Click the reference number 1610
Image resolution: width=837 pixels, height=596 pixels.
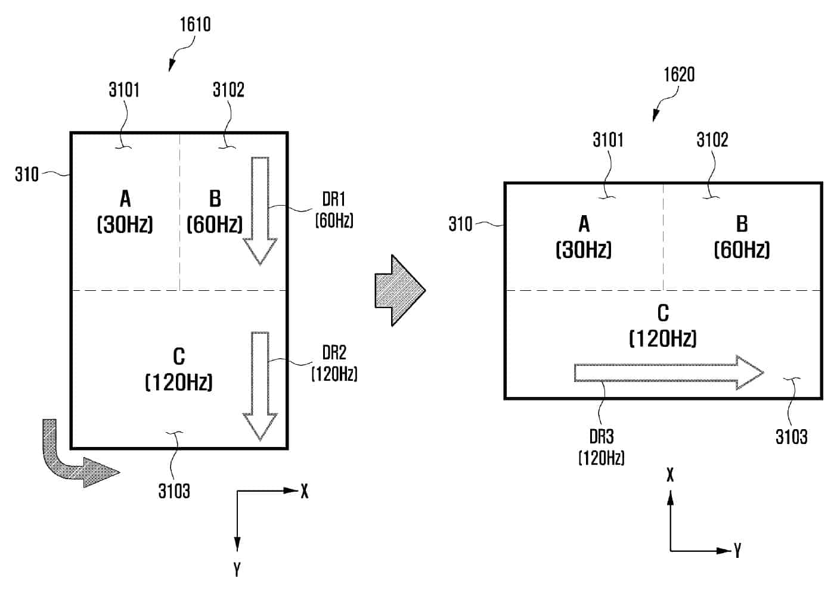click(195, 24)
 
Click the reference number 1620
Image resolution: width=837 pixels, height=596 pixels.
click(679, 74)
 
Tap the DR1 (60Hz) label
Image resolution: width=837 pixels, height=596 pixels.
click(334, 210)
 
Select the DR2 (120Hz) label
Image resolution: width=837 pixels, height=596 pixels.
click(334, 363)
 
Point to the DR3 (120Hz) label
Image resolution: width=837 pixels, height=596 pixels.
click(602, 447)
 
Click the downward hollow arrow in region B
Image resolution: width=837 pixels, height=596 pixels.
click(260, 211)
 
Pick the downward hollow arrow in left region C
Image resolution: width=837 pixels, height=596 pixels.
click(260, 386)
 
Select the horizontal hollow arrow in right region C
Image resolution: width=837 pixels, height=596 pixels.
click(669, 372)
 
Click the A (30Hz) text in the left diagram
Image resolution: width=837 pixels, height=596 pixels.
click(125, 212)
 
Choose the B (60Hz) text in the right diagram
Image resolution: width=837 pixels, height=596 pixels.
click(742, 237)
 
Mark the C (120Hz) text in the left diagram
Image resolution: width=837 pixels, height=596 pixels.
click(179, 369)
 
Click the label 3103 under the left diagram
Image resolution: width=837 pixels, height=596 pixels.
click(174, 491)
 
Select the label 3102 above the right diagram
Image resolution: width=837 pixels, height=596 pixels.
click(712, 140)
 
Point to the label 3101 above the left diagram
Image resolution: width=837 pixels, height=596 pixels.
click(124, 90)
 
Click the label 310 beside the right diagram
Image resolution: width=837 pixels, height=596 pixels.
click(460, 224)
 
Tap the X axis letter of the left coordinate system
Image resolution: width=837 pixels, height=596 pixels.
click(305, 491)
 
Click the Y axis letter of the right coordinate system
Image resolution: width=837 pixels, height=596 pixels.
click(737, 551)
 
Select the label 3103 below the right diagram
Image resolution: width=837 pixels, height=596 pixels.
click(792, 437)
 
